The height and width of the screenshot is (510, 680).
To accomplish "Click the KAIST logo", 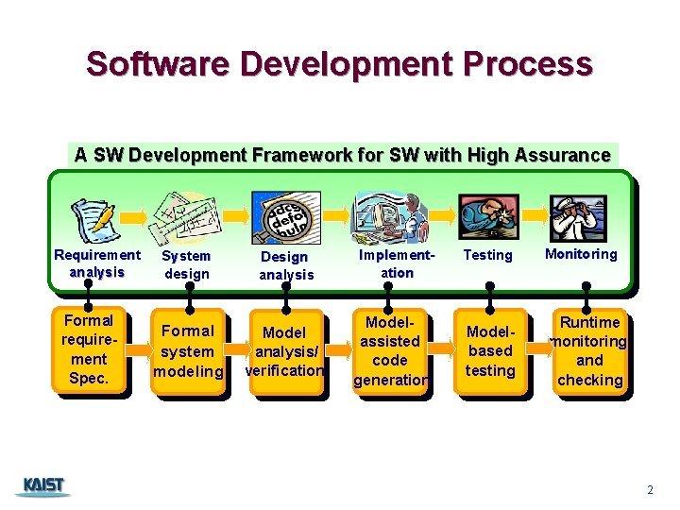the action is (x=42, y=486).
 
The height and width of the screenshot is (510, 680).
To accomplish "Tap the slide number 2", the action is (x=650, y=489).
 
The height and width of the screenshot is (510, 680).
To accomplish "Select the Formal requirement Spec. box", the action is (x=89, y=349).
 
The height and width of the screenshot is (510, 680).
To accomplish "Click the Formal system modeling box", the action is (x=188, y=350).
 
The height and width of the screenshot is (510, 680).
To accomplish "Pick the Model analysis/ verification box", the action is (x=284, y=351).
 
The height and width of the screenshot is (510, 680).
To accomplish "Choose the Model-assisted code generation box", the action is (x=390, y=350).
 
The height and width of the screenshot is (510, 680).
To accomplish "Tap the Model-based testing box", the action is (x=490, y=350).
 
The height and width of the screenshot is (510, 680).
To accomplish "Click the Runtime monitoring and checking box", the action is (x=589, y=350).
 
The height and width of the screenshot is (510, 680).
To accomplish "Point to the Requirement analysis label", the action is (x=97, y=263).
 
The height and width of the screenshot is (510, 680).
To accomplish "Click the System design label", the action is (x=187, y=264).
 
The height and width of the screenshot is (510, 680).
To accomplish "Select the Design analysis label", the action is (x=285, y=265).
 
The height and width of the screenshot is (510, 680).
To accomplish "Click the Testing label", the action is (x=488, y=255).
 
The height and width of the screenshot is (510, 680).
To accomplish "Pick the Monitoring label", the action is (x=581, y=254).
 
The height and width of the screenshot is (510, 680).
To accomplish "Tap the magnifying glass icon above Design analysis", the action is (x=285, y=216).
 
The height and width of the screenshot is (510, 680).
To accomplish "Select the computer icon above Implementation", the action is (x=388, y=216).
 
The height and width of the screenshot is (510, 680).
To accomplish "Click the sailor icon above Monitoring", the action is (x=579, y=216).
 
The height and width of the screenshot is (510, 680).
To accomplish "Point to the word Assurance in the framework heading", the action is (x=568, y=155).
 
